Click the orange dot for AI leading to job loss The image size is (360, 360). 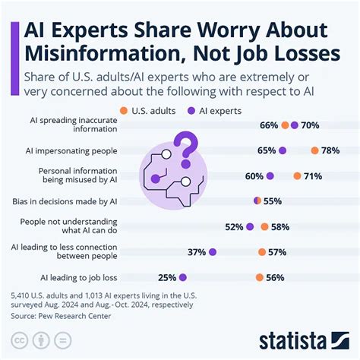click(260, 277)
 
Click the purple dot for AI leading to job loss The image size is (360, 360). click(182, 277)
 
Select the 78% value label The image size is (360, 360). click(330, 150)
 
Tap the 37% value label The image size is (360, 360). click(197, 252)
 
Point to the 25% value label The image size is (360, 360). click(167, 277)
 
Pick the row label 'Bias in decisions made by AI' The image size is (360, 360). click(65, 201)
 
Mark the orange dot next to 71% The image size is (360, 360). click(298, 176)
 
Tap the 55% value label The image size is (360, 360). click(273, 201)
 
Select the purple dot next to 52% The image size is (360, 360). click(249, 226)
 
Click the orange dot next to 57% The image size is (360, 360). click(261, 252)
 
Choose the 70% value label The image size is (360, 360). click(309, 125)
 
